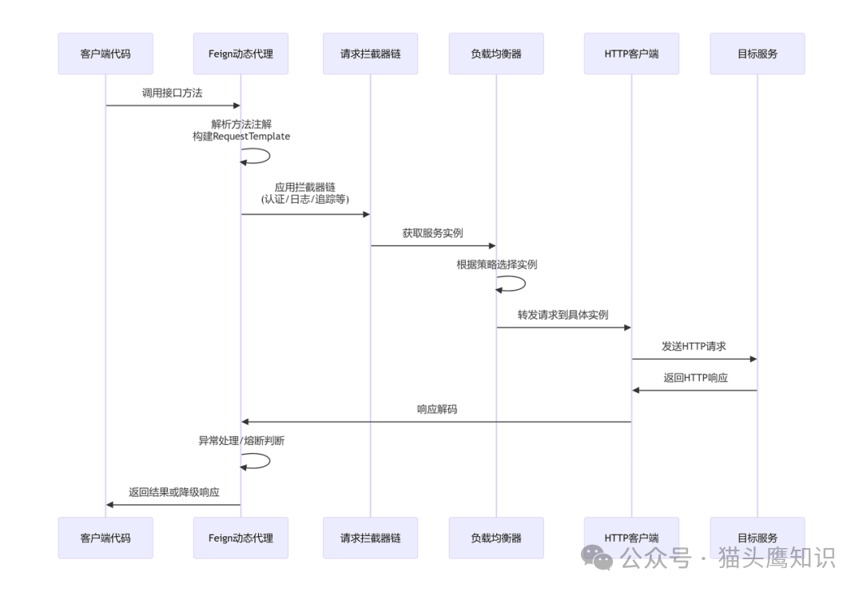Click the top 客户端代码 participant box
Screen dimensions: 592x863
[x=105, y=54]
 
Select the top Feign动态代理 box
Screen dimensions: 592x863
[x=241, y=54]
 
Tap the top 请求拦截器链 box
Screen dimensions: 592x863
[x=370, y=54]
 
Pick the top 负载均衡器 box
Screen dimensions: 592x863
[x=496, y=54]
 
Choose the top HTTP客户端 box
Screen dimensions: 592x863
[x=631, y=54]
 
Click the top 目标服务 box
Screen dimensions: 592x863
[x=758, y=54]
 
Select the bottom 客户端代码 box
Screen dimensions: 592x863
[x=105, y=538]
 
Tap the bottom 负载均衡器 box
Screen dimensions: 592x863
[x=496, y=538]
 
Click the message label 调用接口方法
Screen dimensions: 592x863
[x=172, y=93]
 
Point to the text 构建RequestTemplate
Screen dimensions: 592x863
[x=241, y=137]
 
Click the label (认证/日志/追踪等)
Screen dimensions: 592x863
[x=304, y=200]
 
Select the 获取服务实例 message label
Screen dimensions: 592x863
[x=432, y=233]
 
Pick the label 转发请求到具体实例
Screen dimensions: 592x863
[x=563, y=315]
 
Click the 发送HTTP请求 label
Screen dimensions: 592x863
[x=694, y=347]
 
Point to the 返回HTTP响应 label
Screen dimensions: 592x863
[x=695, y=378]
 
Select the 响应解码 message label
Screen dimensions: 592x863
[x=436, y=409]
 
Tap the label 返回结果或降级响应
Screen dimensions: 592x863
[x=173, y=492]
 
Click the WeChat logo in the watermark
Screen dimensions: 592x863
[x=597, y=557]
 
